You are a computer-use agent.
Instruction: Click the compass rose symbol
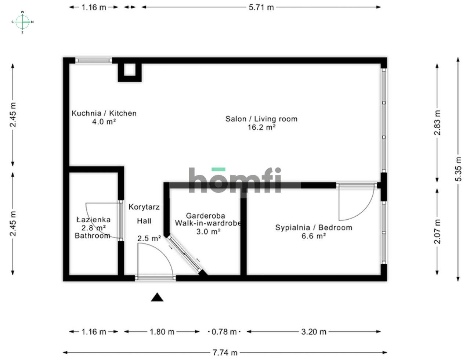coord(22,22)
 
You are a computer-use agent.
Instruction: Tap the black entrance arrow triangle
coord(157,297)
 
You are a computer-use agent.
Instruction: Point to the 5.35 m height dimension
coord(458,169)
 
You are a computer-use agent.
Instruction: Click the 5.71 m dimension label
coord(261,7)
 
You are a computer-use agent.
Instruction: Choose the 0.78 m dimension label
coord(224,332)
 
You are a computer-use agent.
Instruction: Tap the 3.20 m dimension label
coord(314,332)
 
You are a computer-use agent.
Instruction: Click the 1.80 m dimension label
coord(162,332)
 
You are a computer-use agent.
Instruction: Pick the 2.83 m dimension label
coord(437,123)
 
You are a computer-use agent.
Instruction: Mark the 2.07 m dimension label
coord(437,231)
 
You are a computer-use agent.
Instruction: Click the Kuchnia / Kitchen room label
coord(104,113)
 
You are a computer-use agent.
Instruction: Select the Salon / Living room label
coord(261,119)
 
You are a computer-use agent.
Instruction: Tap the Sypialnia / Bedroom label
coord(314,227)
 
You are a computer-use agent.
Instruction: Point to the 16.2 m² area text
coord(261,127)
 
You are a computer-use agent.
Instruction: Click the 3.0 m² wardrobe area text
coord(208,231)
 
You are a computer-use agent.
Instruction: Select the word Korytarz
coord(144,207)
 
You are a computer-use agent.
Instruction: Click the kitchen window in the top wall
coord(94,60)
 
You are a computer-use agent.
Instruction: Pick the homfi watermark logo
coord(235,180)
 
